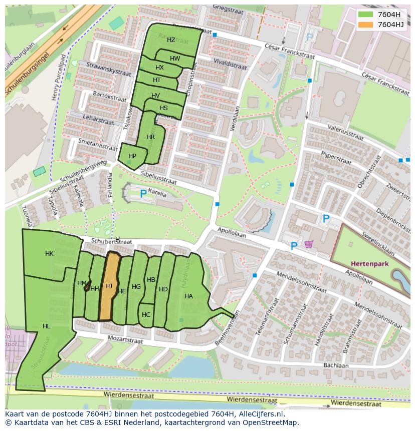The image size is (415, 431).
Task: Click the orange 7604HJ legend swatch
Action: (x=366, y=24)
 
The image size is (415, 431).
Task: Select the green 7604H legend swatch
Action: (x=366, y=14)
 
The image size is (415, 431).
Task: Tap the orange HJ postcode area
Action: (x=109, y=287)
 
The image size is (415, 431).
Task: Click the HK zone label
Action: (x=49, y=254)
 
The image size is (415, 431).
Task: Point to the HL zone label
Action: (x=47, y=326)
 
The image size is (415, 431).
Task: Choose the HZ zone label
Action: (x=171, y=40)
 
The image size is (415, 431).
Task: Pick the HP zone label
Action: (x=132, y=156)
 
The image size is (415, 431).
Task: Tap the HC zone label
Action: (x=146, y=315)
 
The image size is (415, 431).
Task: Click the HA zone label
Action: (x=188, y=296)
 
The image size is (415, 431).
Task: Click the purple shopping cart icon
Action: (x=308, y=244)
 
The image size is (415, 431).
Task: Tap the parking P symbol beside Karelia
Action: (x=143, y=193)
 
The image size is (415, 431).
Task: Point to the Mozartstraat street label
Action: (x=125, y=339)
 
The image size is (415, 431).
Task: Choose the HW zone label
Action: (x=175, y=59)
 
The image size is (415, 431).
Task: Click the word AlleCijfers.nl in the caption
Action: (x=261, y=414)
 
